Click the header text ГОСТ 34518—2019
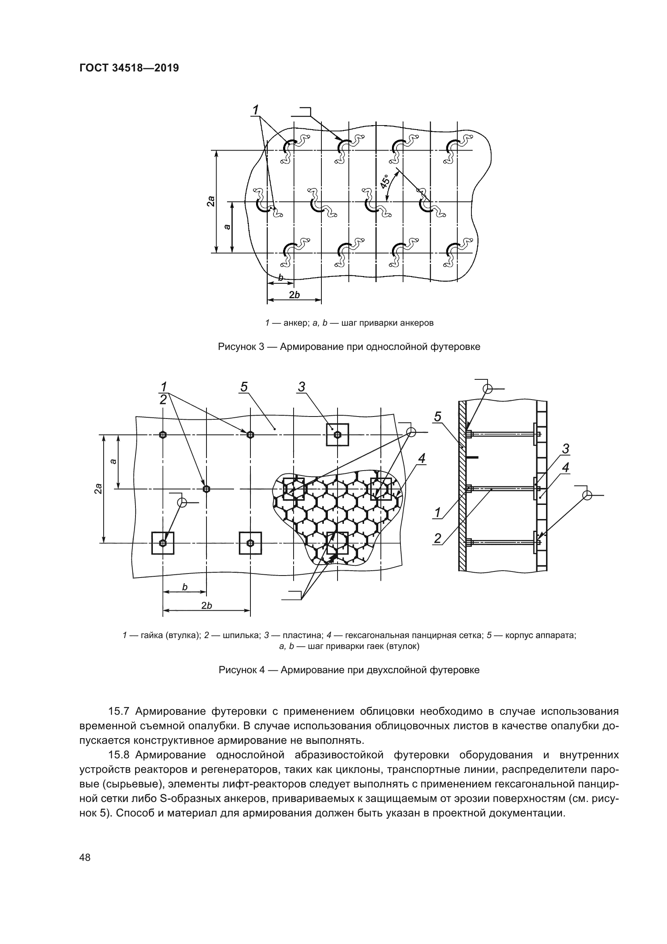point(129,68)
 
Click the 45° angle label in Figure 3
point(385,181)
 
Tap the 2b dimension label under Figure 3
point(294,295)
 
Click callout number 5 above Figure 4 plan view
point(244,387)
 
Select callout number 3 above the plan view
point(302,387)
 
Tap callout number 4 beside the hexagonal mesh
point(421,458)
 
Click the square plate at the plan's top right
point(337,435)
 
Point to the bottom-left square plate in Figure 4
point(163,543)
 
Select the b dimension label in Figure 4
point(185,587)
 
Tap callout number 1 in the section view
point(438,512)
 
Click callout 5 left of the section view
point(438,417)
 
